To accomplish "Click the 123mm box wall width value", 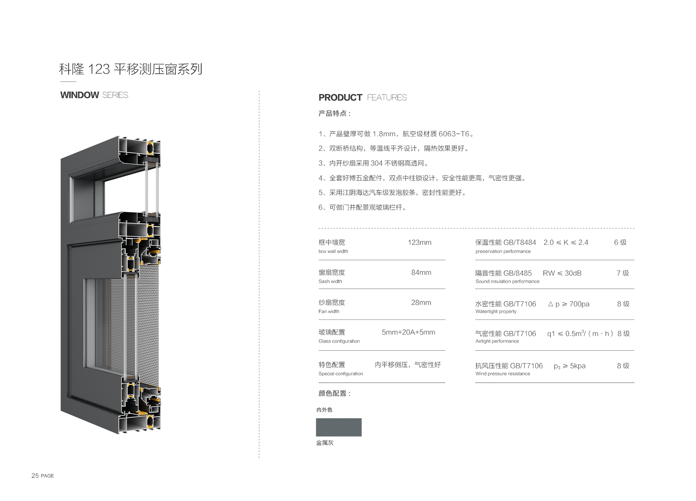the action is point(419,243).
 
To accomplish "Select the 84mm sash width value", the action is point(421,273).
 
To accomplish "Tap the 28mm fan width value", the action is point(421,303).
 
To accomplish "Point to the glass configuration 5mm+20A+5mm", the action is point(408,332).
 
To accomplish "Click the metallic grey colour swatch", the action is point(339,427).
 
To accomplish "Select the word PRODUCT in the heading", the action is point(340,98).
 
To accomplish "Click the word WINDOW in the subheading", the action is point(80,95).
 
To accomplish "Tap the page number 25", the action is point(35,476).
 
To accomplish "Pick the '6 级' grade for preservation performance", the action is point(620,243).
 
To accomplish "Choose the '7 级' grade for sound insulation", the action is point(623,273).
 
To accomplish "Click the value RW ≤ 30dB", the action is point(562,273).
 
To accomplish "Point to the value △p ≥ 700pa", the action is point(569,304).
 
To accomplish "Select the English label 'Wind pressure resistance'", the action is point(503,374).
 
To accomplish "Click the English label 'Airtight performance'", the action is point(497,341).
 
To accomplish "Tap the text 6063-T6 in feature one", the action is point(454,134).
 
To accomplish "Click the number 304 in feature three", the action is point(377,163).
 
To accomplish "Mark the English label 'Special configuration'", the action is point(341,374).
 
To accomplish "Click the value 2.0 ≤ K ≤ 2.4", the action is point(566,243).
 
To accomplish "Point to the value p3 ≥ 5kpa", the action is point(570,366).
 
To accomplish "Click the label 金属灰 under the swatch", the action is point(325,443).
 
